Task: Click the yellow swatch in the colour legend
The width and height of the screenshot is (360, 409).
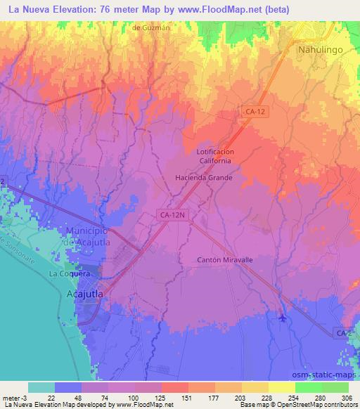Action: click(282, 387)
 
